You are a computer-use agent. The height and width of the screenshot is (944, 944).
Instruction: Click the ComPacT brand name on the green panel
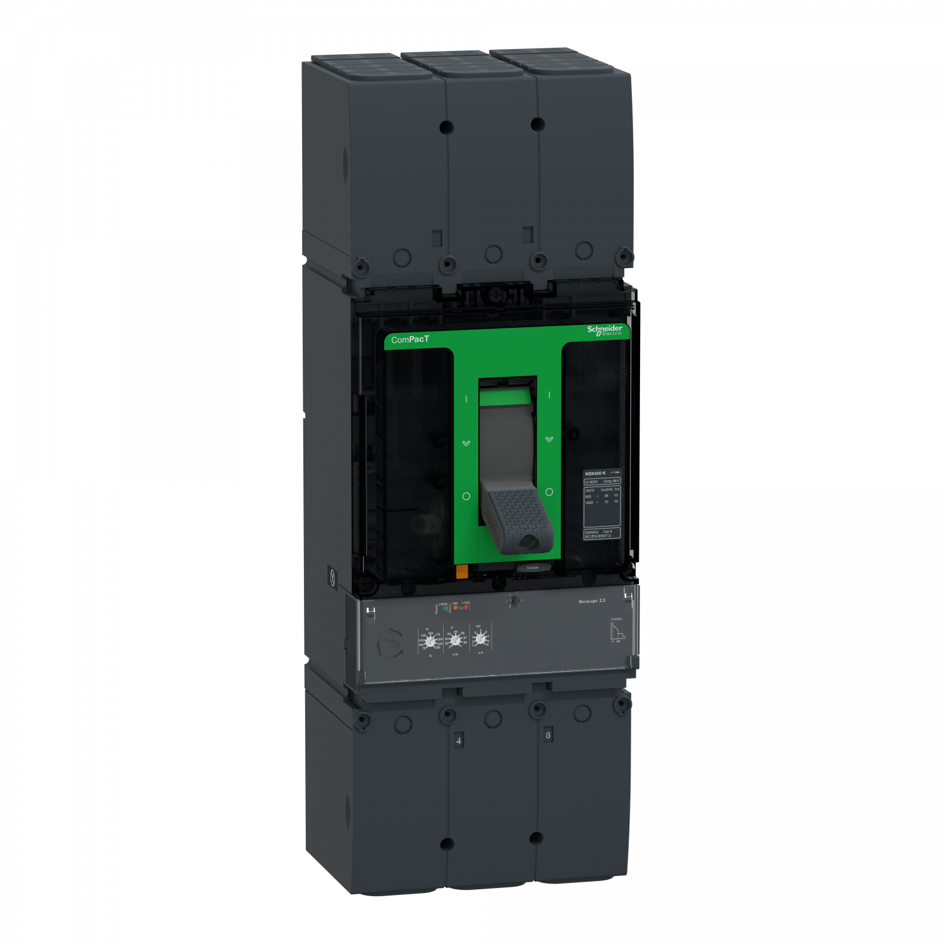410,340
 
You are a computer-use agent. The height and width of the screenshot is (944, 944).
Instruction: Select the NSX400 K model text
595,473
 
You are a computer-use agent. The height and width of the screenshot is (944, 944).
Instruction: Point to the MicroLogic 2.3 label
592,601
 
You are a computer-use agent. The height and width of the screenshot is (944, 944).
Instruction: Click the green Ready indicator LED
446,608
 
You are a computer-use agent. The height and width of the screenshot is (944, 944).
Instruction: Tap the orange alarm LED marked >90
456,608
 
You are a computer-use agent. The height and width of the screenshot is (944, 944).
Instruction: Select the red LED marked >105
466,607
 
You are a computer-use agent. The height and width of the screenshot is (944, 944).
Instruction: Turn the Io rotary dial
430,642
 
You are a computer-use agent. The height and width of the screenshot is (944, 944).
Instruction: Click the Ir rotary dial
456,641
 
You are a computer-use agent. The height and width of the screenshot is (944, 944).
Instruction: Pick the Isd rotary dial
480,639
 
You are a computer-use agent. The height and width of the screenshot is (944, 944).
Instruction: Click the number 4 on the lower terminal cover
459,741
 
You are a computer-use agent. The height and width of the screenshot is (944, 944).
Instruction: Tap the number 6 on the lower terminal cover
548,735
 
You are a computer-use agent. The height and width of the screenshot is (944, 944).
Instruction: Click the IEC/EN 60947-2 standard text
598,536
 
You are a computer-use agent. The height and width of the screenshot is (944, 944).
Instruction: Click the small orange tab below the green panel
462,571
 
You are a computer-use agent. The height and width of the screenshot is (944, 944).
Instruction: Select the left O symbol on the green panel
466,497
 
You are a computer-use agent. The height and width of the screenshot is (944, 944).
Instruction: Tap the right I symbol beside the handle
549,395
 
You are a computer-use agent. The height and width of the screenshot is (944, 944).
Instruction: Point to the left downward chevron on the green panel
466,444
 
